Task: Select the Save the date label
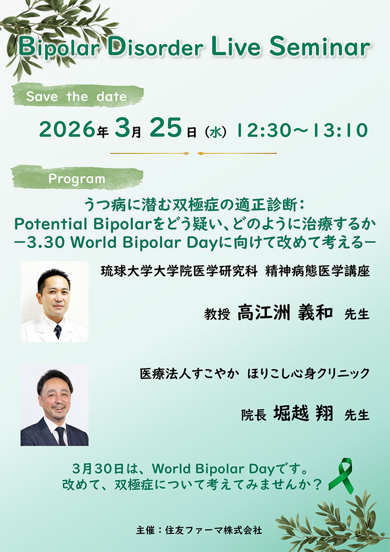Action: (76, 96)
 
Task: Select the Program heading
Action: (77, 179)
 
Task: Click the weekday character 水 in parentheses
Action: (216, 132)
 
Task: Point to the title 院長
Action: (253, 415)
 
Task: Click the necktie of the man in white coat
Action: (58, 331)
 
